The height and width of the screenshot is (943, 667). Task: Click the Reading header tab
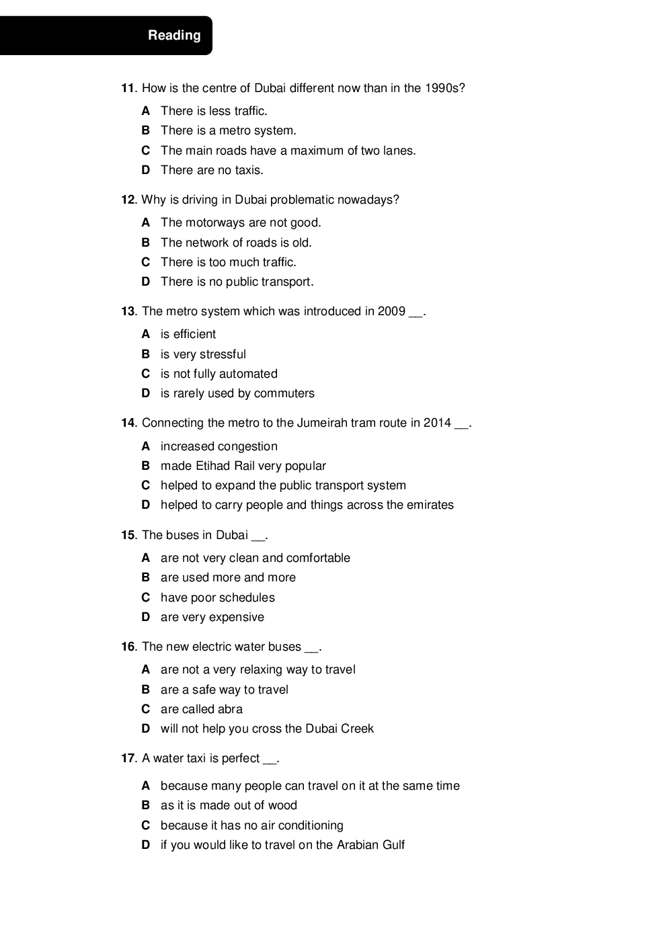click(173, 36)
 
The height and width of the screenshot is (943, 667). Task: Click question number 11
click(128, 88)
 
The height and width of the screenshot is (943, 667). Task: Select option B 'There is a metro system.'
click(228, 130)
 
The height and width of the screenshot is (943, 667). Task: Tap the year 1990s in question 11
click(444, 88)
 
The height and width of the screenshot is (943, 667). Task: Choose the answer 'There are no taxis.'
click(212, 170)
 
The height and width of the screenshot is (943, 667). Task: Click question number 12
click(128, 200)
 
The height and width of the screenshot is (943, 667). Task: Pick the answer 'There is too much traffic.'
click(228, 262)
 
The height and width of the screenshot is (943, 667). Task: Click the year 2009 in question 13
click(391, 311)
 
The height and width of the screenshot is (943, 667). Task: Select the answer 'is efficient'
click(188, 334)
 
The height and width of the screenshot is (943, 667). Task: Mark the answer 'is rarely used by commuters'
click(237, 393)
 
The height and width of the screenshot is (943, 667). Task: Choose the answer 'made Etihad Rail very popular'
click(243, 466)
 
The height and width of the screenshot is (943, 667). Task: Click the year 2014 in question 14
click(437, 423)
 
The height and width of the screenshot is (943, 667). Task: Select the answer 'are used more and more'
click(228, 577)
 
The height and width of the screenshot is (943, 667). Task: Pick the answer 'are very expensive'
click(212, 617)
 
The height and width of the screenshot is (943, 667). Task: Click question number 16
click(128, 647)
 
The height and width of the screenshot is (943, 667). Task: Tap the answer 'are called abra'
click(201, 709)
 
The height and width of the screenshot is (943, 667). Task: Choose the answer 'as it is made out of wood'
click(229, 805)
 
